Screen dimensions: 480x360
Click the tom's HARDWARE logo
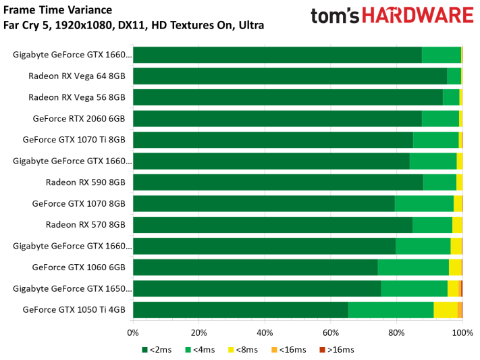click(392, 16)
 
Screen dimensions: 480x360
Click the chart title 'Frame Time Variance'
click(57, 10)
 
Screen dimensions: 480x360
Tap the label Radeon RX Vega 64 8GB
click(77, 76)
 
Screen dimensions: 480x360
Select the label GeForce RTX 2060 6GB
click(79, 119)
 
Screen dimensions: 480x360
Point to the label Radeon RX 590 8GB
click(86, 182)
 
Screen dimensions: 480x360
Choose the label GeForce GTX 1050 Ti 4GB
click(74, 310)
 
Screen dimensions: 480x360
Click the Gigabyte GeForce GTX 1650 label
click(72, 288)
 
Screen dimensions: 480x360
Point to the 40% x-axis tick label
click(265, 333)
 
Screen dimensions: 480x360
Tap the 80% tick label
click(396, 333)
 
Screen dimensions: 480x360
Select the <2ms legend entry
click(157, 350)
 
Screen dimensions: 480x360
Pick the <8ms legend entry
click(243, 350)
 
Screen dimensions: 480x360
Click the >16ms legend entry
click(337, 350)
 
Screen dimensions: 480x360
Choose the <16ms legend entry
click(289, 350)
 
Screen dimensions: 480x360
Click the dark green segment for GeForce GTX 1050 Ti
click(241, 310)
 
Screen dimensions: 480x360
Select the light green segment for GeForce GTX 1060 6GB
click(413, 267)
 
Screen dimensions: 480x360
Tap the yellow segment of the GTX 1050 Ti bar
click(446, 310)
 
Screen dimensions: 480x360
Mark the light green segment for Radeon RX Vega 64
click(454, 76)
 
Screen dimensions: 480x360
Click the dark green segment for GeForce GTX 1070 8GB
click(264, 203)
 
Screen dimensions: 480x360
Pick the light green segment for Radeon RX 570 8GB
click(433, 225)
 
